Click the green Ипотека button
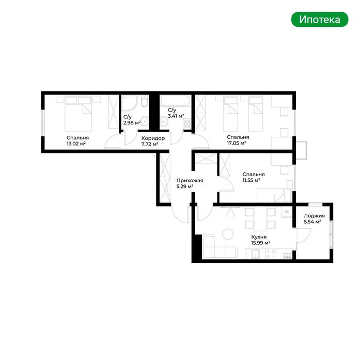[x=320, y=19]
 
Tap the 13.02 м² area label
[x=76, y=144]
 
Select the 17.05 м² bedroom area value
[x=237, y=143]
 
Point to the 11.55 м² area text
[x=252, y=180]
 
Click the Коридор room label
[x=153, y=138]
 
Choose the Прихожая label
[x=190, y=181]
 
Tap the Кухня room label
[x=259, y=237]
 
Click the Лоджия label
[x=315, y=216]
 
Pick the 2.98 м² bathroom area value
[x=132, y=123]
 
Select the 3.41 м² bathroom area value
[x=176, y=116]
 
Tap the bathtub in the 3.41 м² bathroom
[x=176, y=101]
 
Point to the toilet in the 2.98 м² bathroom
[x=144, y=102]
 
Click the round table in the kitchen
[x=228, y=234]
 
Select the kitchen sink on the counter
[x=256, y=254]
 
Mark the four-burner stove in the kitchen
[x=271, y=254]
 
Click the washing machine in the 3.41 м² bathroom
[x=187, y=124]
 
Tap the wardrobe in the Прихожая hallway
[x=164, y=178]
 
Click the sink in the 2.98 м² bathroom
[x=145, y=121]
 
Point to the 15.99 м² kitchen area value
[x=261, y=243]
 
